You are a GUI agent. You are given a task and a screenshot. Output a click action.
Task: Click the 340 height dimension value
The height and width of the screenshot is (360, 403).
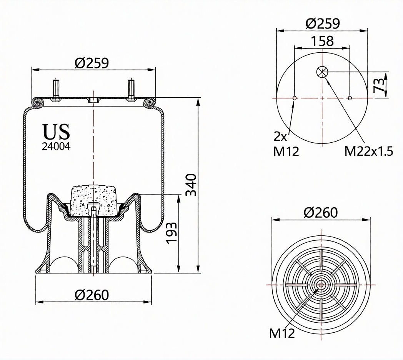click(x=191, y=185)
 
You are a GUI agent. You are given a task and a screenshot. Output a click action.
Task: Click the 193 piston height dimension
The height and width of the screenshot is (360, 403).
click(x=171, y=232)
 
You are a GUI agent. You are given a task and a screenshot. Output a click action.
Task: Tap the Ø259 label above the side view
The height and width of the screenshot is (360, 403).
click(x=92, y=63)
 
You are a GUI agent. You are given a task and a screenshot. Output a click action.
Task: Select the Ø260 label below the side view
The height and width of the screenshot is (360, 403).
click(x=92, y=295)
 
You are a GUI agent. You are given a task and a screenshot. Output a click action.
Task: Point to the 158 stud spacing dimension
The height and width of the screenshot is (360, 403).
click(x=322, y=41)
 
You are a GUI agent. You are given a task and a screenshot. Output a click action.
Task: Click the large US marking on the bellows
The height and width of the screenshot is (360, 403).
click(x=56, y=132)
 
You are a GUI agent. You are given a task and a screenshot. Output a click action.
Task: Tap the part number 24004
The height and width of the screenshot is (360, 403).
click(x=56, y=146)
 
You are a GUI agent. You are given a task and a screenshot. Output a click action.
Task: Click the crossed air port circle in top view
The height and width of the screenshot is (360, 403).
click(x=322, y=72)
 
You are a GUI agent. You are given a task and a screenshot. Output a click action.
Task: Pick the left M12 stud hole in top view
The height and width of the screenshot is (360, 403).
click(x=295, y=98)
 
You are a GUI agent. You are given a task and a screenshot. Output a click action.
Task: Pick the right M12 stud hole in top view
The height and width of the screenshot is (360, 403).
click(x=350, y=98)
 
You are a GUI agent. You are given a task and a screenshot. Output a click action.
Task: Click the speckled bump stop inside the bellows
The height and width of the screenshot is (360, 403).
click(x=93, y=200)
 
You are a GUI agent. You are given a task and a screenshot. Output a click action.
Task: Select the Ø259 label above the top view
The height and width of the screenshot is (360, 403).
click(x=323, y=24)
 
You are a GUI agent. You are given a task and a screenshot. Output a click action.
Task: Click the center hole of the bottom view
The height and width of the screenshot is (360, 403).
click(x=321, y=285)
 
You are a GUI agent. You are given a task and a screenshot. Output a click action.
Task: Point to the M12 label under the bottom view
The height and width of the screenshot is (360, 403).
click(x=282, y=333)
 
